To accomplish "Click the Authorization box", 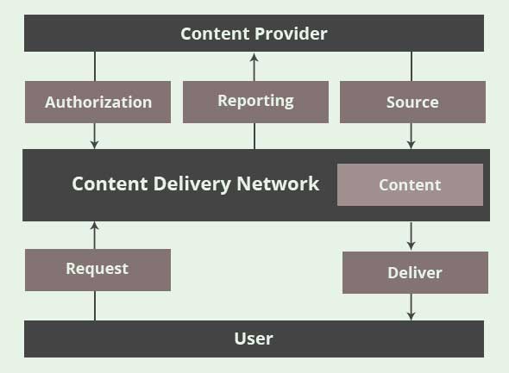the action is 97,103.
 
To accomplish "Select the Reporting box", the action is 255,103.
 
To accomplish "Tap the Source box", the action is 412,103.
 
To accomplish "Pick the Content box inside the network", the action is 410,184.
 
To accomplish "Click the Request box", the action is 97,270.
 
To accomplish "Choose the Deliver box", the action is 415,272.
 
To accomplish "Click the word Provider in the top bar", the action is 292,34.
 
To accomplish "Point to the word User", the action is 254,339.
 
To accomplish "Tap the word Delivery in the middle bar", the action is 193,184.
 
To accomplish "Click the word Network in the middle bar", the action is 278,183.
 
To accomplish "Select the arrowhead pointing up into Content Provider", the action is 255,58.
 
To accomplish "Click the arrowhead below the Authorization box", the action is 94,144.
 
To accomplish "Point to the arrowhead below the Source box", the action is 411,144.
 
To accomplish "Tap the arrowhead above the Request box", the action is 94,227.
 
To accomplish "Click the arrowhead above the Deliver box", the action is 411,246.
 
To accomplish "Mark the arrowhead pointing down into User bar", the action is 411,316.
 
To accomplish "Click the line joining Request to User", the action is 95,306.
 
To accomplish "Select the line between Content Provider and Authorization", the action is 95,66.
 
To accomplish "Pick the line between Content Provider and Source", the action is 412,66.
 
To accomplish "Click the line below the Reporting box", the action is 255,136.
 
